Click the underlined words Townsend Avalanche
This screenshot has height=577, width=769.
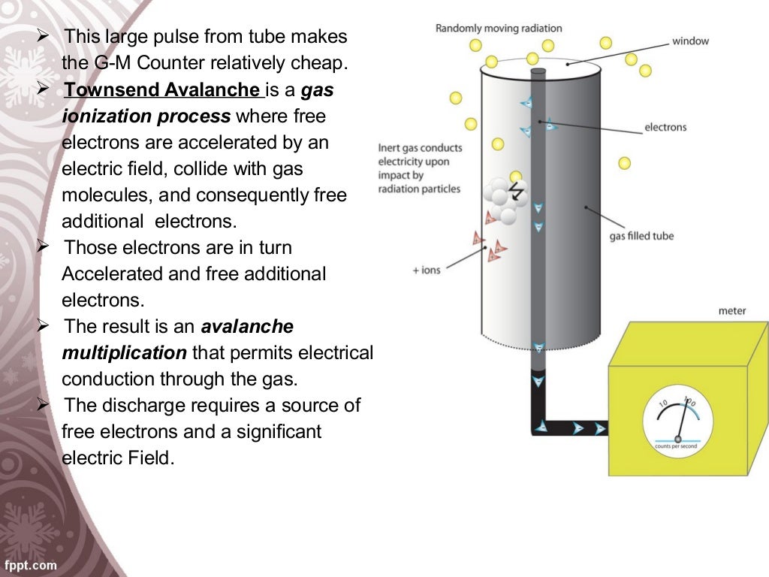click(161, 90)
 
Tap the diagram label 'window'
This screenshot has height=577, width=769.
click(690, 41)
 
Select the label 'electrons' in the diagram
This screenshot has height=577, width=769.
click(665, 128)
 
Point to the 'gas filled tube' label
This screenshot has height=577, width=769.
click(641, 236)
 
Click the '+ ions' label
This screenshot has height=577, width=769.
click(426, 270)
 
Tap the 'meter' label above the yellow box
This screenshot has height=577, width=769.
click(731, 310)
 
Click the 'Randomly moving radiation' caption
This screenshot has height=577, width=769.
click(498, 29)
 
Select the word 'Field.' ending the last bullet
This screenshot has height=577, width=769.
click(146, 458)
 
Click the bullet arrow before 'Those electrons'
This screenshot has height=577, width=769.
click(43, 246)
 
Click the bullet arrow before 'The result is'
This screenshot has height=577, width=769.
click(43, 325)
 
